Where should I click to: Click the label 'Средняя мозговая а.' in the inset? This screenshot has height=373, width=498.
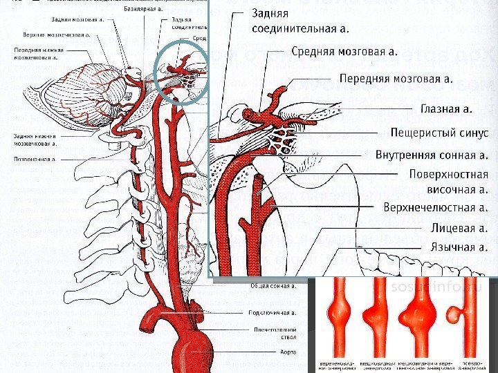(344, 51)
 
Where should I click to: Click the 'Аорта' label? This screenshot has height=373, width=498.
(287, 352)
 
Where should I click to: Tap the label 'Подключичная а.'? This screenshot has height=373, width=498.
(274, 314)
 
